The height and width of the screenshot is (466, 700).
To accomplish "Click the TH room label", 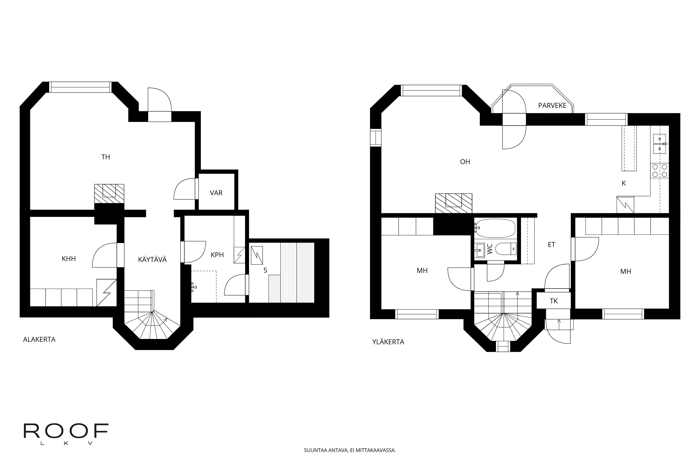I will coord(106,157).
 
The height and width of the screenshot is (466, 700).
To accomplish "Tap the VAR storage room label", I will coord(216,193).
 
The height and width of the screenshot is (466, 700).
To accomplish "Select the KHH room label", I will coord(69,259).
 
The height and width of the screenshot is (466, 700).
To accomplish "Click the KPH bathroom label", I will coord(217,255).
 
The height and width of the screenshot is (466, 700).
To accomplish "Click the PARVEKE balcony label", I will coord(552,106).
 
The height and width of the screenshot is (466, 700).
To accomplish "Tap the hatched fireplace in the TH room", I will coord(109,193).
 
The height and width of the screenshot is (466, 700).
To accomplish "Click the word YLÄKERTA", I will coord(388,342).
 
